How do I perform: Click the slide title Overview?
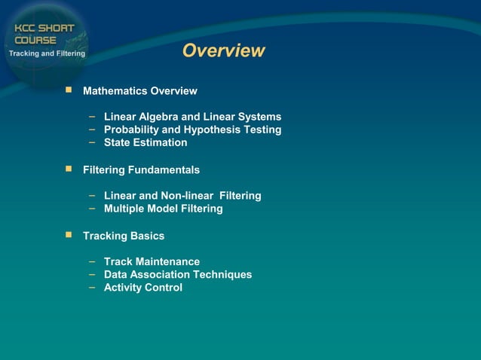(223, 51)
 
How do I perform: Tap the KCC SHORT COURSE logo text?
(44, 34)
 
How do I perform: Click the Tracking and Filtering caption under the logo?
(47, 53)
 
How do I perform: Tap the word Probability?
(133, 130)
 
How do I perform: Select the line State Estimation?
(146, 142)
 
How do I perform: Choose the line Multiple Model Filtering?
(163, 209)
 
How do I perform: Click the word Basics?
(147, 236)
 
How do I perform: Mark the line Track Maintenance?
(152, 261)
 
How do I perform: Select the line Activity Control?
(142, 287)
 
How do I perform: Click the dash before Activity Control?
(90, 286)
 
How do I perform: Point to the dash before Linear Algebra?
(90, 116)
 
